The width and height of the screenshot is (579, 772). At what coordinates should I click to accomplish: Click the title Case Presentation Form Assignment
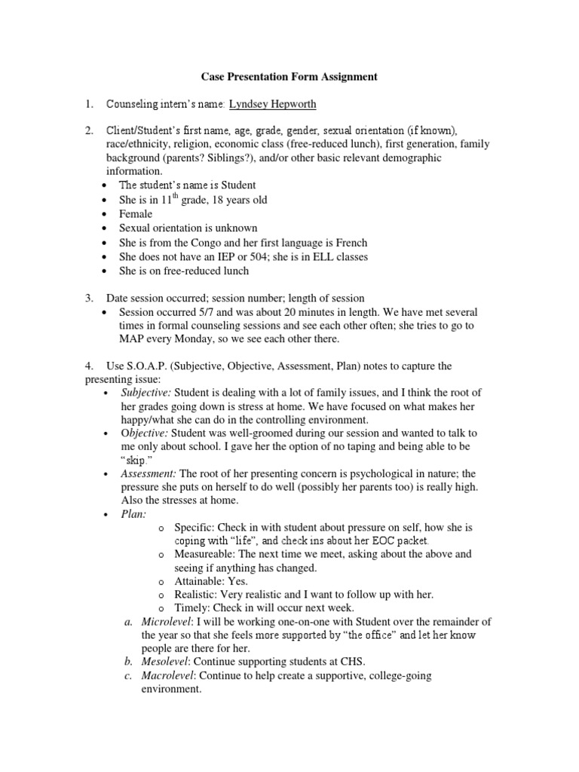click(x=289, y=77)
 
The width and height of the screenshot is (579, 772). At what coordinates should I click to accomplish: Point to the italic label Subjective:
click(x=146, y=394)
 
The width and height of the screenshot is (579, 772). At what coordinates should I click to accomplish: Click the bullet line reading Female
click(x=136, y=214)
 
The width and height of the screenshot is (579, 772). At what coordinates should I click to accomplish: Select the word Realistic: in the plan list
click(x=198, y=595)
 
